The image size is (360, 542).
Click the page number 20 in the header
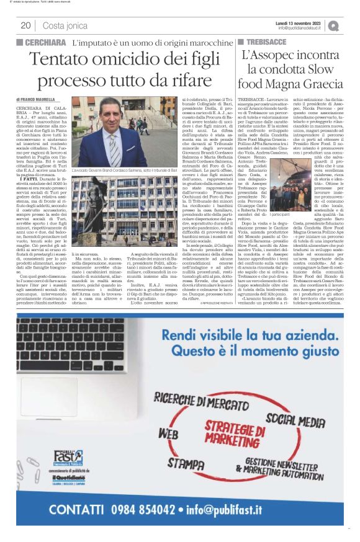[26, 25]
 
